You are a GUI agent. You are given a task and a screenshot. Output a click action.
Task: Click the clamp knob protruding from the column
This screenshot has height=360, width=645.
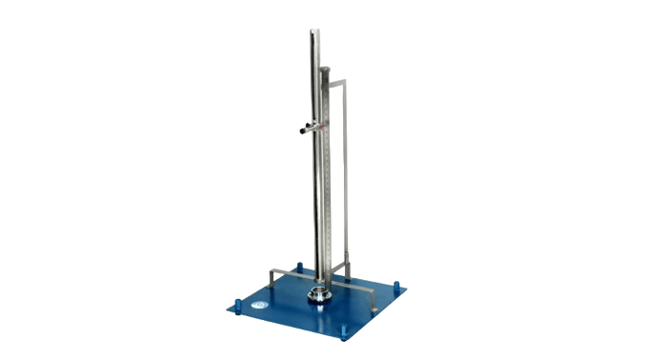tap(304, 128)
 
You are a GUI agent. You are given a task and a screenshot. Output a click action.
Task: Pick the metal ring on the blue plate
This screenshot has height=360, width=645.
tap(320, 294)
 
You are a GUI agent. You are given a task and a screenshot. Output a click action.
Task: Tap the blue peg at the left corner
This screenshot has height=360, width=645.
tap(231, 306)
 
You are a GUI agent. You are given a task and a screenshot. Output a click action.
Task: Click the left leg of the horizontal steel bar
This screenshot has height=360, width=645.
tap(273, 278)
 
